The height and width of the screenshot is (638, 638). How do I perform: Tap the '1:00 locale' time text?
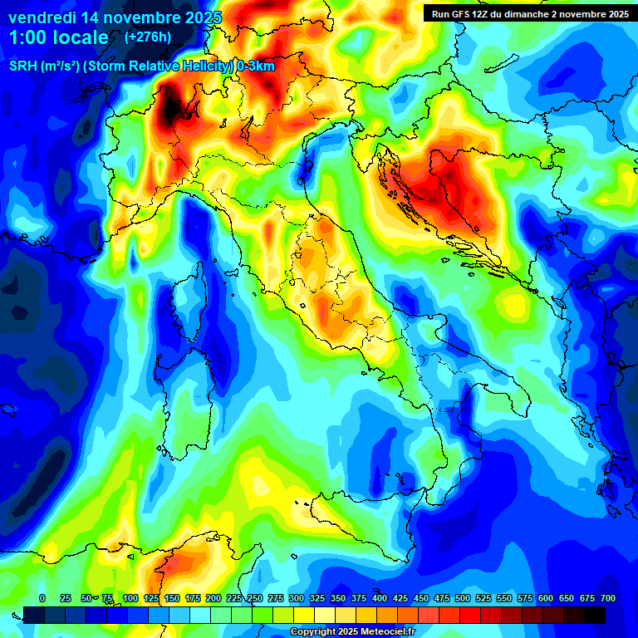[59, 37]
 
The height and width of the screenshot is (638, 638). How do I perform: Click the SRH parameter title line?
[142, 66]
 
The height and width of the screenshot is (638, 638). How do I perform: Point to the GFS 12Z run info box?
[527, 13]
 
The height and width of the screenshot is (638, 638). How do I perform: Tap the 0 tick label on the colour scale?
[42, 598]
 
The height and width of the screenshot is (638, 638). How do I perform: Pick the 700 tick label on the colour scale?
[607, 598]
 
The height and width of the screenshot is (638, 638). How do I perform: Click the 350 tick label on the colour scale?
[338, 598]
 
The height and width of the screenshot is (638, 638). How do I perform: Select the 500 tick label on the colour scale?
[463, 598]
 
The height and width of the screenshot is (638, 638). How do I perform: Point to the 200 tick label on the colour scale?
[213, 598]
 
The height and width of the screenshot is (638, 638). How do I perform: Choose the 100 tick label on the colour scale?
[130, 598]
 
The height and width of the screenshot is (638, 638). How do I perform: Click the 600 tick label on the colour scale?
[546, 598]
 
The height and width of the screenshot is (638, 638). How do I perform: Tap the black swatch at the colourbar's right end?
[595, 615]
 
